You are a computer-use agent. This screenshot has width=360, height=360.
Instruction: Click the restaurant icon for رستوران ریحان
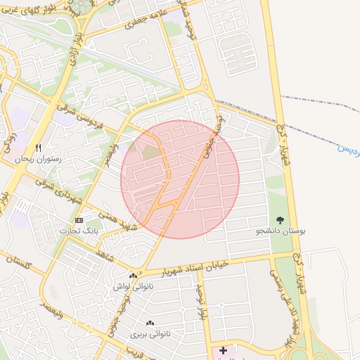point(39,148)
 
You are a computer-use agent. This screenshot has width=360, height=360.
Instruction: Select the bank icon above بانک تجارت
point(79,220)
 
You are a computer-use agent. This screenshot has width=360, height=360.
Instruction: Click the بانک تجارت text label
point(79,231)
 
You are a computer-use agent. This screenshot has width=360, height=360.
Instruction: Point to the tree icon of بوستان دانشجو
point(281,220)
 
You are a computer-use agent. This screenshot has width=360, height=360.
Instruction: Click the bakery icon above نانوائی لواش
point(133,276)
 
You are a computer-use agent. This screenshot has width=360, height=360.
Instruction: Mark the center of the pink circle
point(180,179)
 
